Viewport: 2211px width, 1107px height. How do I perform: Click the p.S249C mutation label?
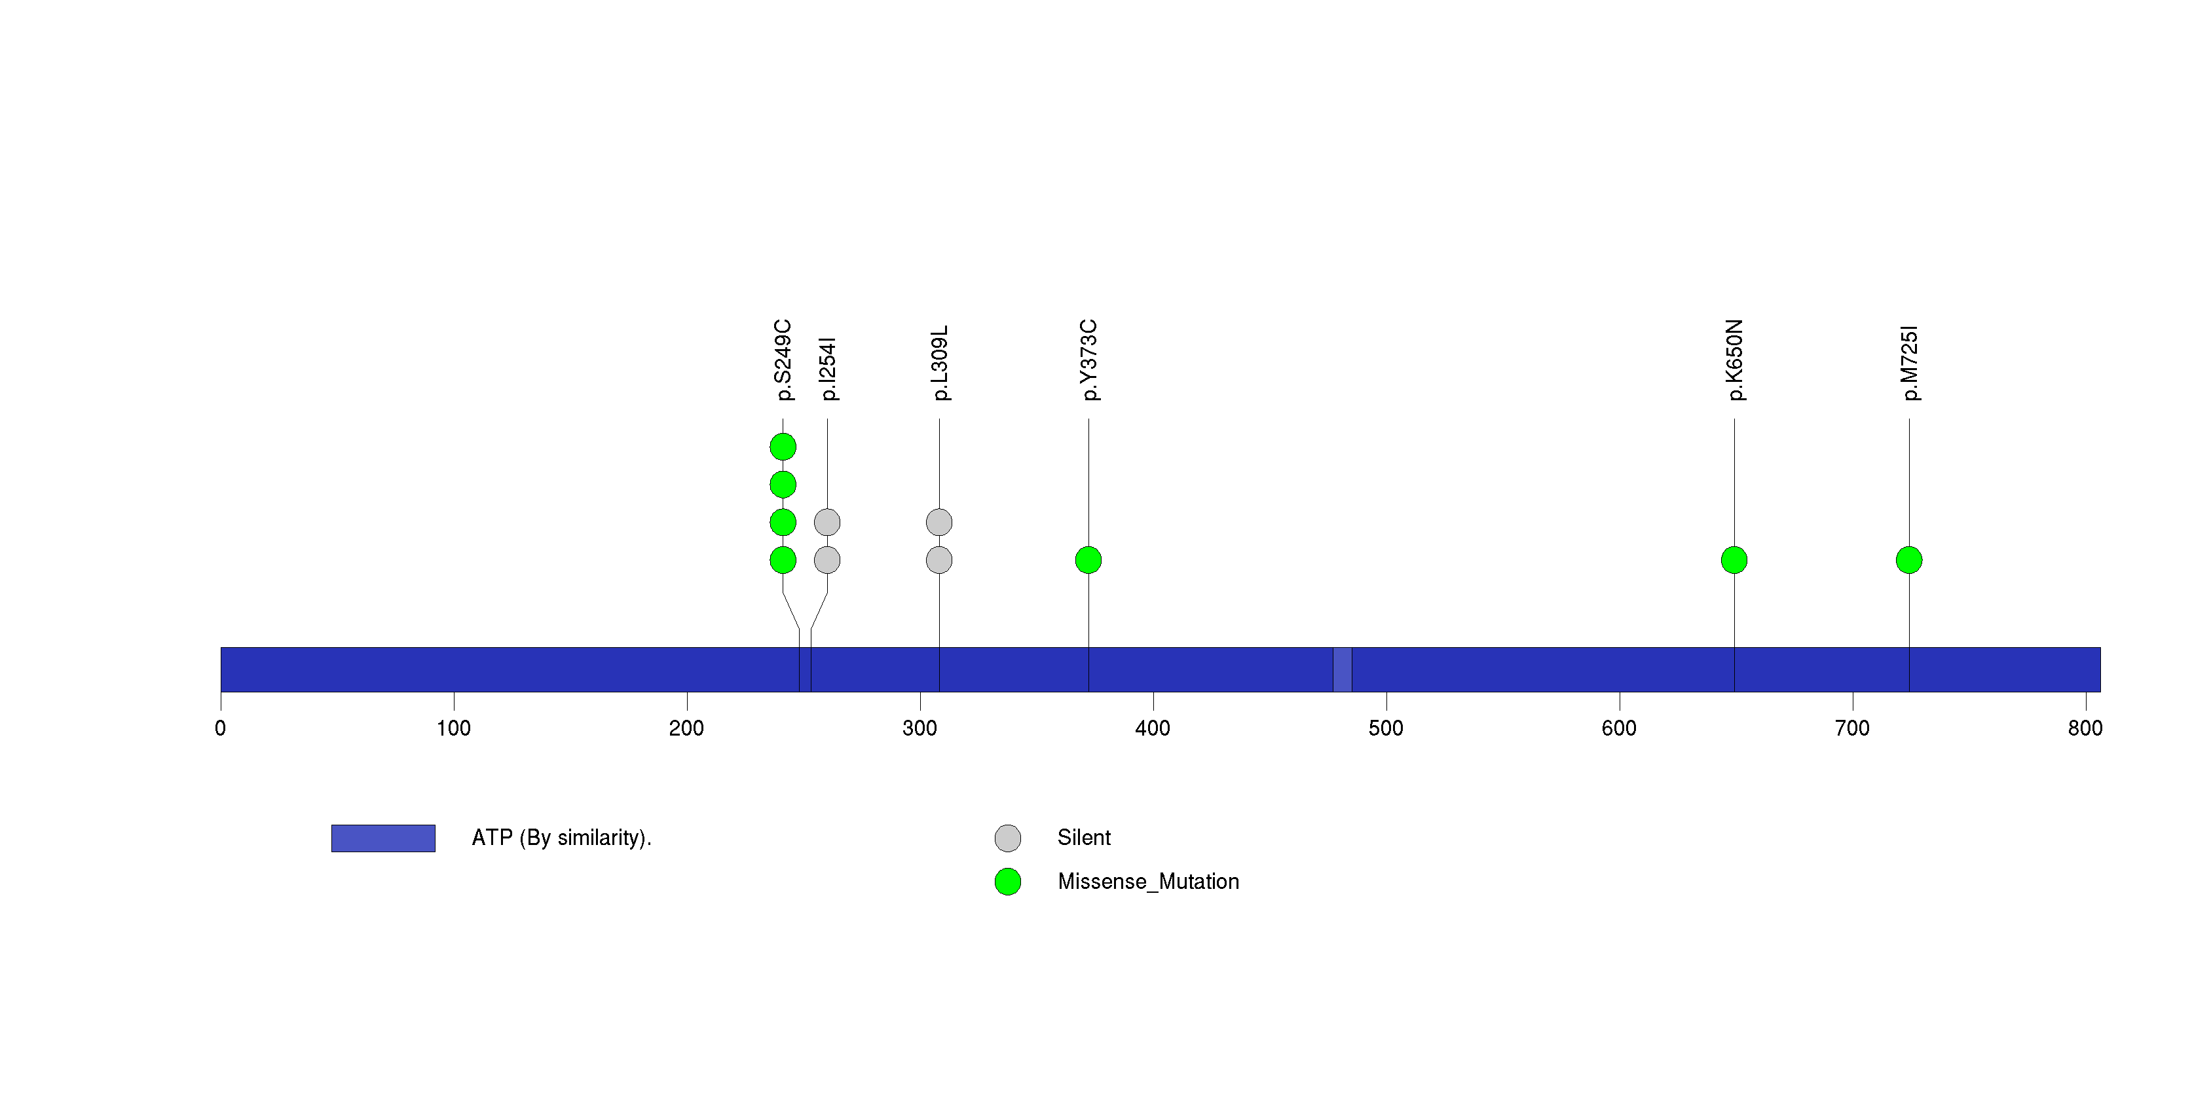(x=783, y=360)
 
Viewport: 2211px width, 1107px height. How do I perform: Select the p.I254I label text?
(x=827, y=369)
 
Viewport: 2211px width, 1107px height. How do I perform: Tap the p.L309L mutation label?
(x=940, y=362)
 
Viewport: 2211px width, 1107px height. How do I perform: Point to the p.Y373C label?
(x=1088, y=360)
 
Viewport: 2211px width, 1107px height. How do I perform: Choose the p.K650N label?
(x=1735, y=360)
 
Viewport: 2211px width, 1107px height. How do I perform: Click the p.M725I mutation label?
(x=1910, y=363)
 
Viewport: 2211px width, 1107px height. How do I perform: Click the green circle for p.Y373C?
(x=1088, y=560)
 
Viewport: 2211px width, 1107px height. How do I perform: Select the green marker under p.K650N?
(x=1735, y=560)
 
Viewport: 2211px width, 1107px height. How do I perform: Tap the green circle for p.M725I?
(x=1910, y=560)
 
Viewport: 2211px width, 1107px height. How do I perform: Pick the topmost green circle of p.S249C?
(x=783, y=447)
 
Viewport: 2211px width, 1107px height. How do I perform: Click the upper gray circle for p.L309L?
(x=940, y=522)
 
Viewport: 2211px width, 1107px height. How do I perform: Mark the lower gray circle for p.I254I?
(x=827, y=560)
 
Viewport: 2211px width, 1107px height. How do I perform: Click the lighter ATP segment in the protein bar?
(x=1343, y=669)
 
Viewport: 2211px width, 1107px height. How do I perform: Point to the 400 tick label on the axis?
(x=1153, y=728)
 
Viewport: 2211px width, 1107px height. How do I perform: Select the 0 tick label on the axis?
(x=221, y=728)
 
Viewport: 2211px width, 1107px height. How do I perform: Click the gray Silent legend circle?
(x=1008, y=838)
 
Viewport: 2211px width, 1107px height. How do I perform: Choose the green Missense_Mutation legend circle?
(x=1008, y=881)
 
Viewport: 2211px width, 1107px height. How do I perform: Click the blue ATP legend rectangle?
(x=384, y=838)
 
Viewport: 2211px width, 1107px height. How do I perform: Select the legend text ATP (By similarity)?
(x=562, y=838)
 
